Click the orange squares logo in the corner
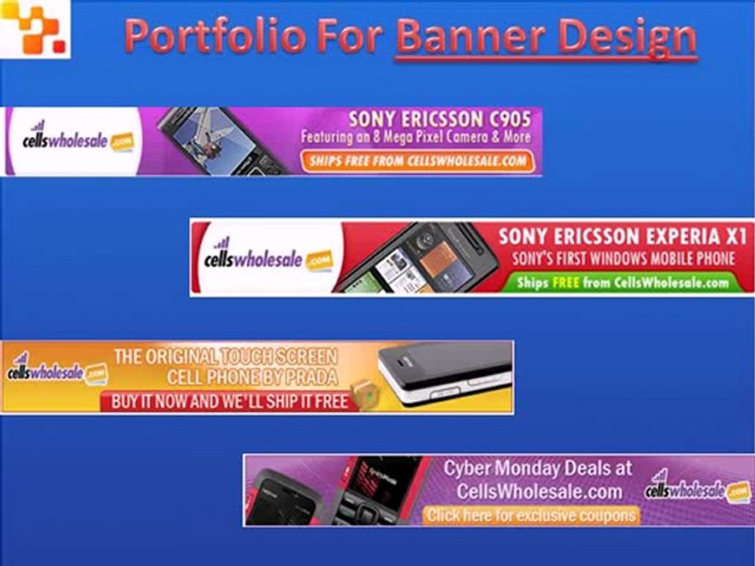pos(35,29)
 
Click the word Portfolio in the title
pos(213,36)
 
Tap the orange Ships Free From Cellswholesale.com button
pos(417,162)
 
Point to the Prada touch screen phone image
pos(444,373)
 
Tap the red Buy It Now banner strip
pos(228,401)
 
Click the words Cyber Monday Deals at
pos(537,469)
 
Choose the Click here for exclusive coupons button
pos(531,516)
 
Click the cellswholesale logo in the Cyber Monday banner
pos(697,490)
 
